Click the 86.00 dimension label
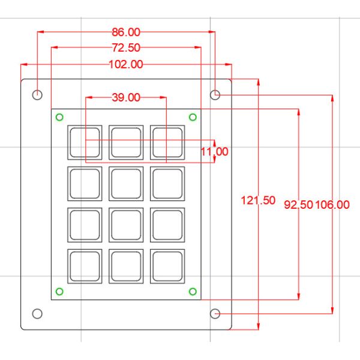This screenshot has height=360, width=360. click(x=126, y=32)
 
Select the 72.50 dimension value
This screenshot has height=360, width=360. click(x=126, y=48)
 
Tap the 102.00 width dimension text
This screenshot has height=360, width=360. click(x=126, y=64)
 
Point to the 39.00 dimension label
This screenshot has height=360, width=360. click(x=126, y=97)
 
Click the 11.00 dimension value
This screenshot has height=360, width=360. click(x=215, y=152)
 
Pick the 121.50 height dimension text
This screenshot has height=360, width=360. click(x=258, y=200)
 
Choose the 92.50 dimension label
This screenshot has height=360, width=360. click(x=298, y=205)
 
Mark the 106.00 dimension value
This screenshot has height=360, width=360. click(x=332, y=205)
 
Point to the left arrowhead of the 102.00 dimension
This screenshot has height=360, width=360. click(x=24, y=65)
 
